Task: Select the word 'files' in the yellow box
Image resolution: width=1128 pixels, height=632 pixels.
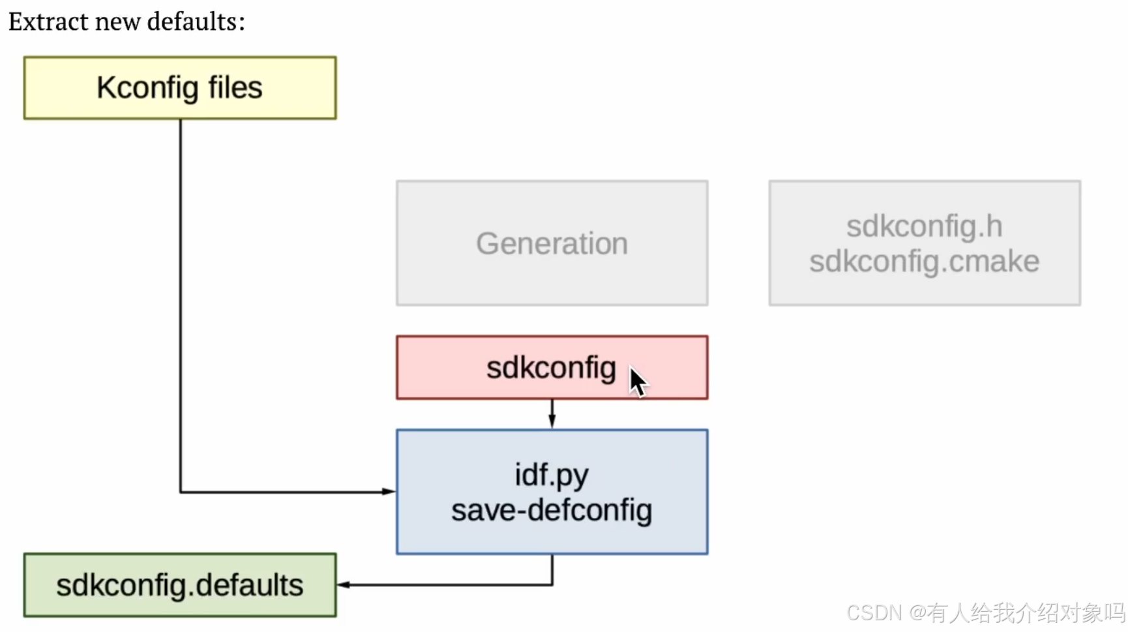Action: (x=235, y=87)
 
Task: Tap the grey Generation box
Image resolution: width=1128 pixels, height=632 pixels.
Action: (x=552, y=243)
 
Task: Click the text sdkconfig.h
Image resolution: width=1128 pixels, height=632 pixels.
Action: (x=924, y=226)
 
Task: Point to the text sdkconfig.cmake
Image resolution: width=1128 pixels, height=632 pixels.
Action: (x=924, y=262)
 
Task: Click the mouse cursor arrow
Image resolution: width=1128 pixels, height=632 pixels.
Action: (x=637, y=381)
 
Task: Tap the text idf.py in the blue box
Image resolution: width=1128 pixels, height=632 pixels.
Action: (x=552, y=475)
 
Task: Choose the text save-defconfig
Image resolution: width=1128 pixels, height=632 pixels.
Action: (x=552, y=510)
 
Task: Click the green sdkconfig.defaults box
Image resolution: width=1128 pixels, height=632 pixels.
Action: (x=179, y=585)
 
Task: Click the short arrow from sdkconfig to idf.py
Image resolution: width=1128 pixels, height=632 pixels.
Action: (x=552, y=414)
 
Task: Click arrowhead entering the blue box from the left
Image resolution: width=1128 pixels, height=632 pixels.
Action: (x=389, y=491)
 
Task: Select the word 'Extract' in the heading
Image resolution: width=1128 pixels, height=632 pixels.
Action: (x=48, y=22)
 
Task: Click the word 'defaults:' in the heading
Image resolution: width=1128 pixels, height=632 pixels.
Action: (x=196, y=22)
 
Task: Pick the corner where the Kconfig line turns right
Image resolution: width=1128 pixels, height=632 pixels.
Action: (x=181, y=491)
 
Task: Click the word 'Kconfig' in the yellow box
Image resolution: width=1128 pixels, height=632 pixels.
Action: (x=147, y=87)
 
